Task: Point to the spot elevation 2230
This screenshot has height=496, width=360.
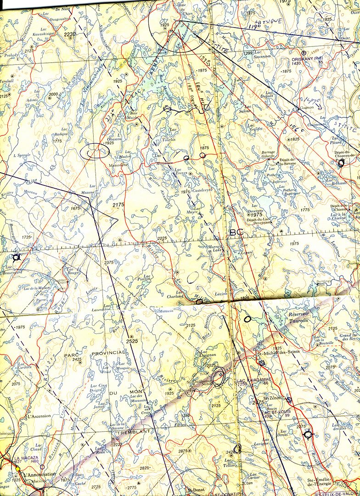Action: click(70, 34)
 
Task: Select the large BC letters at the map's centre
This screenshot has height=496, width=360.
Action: click(236, 233)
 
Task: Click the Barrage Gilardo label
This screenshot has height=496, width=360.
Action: click(268, 154)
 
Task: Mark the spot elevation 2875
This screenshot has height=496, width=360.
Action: click(183, 451)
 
